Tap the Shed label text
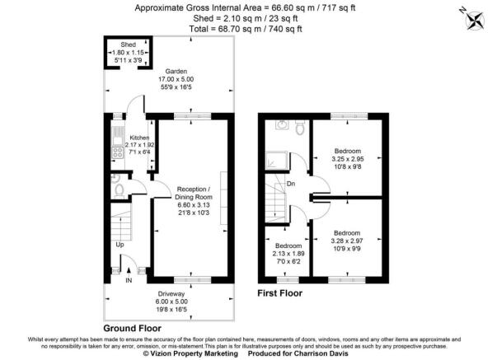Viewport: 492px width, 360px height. (128, 44)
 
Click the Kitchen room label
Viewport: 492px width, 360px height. (139, 138)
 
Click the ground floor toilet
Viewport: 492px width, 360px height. (121, 189)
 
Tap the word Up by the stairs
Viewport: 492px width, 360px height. (119, 245)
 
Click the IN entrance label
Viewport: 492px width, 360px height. (128, 280)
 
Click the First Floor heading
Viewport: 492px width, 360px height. (279, 293)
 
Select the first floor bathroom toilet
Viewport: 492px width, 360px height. (299, 129)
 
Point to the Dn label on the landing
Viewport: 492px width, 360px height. (291, 184)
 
